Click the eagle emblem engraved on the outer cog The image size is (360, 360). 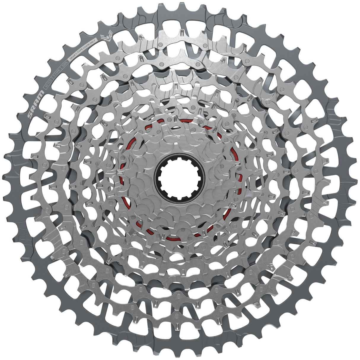106,36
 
